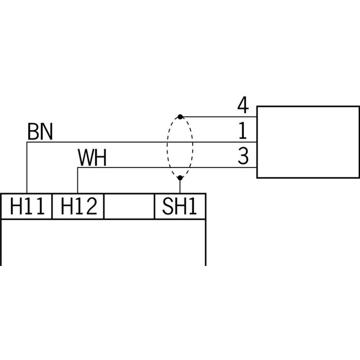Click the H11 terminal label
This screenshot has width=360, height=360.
(27, 206)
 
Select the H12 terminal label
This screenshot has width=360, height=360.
(79, 206)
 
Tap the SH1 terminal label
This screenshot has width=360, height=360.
(179, 206)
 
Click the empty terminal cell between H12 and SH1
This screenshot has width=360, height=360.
(129, 206)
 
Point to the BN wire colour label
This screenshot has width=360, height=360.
(40, 131)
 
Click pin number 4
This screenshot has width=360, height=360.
(243, 105)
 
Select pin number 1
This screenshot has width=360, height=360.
(243, 130)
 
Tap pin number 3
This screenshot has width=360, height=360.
(243, 156)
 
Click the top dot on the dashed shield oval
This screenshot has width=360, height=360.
(180, 117)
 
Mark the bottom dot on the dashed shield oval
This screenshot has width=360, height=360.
(180, 178)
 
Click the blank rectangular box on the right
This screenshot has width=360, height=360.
(308, 142)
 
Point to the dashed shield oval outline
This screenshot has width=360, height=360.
(167, 147)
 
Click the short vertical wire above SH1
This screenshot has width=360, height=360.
(180, 186)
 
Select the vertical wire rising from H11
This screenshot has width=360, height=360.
(27, 167)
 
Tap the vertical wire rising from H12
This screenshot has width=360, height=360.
(77, 180)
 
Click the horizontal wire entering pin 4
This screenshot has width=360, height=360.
(218, 117)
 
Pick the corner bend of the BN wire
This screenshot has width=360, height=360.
(27, 142)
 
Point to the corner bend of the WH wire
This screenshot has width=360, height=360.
(77, 167)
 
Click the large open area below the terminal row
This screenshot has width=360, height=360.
(103, 242)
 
